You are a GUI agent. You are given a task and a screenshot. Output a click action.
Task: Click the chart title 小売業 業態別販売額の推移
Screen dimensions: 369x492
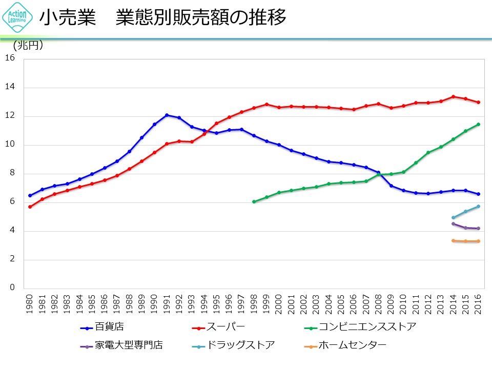pyautogui.click(x=162, y=18)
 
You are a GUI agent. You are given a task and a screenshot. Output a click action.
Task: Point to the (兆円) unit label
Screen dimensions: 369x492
pyautogui.click(x=28, y=46)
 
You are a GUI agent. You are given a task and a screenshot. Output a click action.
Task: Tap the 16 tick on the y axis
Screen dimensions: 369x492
pyautogui.click(x=9, y=58)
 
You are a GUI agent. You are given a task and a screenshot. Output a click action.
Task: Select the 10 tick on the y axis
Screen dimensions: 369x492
pyautogui.click(x=9, y=145)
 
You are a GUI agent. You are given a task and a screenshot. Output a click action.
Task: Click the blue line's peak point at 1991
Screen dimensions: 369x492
pyautogui.click(x=167, y=115)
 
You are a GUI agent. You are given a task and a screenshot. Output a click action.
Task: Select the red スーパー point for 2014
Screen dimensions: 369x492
pyautogui.click(x=453, y=96)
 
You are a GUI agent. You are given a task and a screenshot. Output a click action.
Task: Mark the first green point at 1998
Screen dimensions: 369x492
pyautogui.click(x=254, y=202)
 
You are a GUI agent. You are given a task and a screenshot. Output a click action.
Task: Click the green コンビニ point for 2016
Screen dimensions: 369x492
pyautogui.click(x=478, y=124)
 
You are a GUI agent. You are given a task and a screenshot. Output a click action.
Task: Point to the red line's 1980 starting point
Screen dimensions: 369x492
pyautogui.click(x=30, y=207)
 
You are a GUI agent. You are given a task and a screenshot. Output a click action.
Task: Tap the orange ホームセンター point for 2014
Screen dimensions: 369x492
pyautogui.click(x=453, y=241)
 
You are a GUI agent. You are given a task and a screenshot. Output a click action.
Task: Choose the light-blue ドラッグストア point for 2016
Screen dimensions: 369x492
pyautogui.click(x=478, y=207)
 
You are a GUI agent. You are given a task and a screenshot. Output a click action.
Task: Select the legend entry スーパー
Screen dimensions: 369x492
pyautogui.click(x=225, y=326)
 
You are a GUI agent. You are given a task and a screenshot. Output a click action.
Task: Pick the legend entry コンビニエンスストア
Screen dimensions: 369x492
pyautogui.click(x=367, y=326)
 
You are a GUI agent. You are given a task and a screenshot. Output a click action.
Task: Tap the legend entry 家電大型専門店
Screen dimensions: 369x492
pyautogui.click(x=128, y=345)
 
